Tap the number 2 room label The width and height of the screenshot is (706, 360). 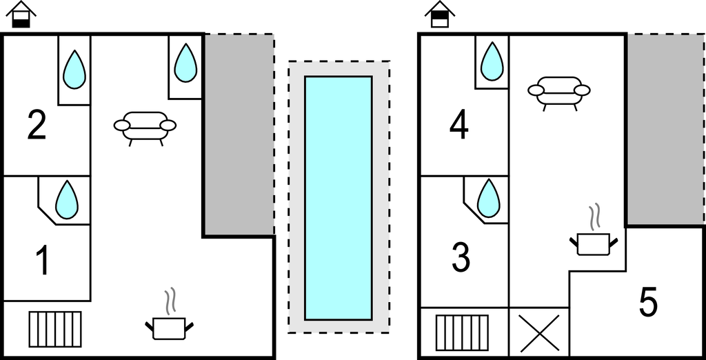pos(37,126)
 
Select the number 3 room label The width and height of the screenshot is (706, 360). pos(461,258)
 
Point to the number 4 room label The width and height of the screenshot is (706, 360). pos(459,126)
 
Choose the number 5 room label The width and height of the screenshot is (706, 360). pos(648,303)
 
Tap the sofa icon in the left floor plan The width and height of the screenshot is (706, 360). pos(145,127)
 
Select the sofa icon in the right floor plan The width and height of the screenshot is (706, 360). pos(559,92)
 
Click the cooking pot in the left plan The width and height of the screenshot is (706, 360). pos(169,324)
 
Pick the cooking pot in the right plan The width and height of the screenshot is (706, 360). pos(593,241)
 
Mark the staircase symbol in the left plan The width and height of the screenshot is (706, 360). pos(55,329)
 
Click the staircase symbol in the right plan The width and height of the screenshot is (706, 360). pos(463,332)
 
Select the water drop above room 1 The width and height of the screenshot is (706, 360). pos(66,200)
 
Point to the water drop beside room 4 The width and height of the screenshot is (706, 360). pos(492,62)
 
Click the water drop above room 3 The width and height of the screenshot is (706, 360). pos(488,199)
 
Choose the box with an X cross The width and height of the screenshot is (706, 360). pos(538,332)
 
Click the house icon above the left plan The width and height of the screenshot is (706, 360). pos(22,14)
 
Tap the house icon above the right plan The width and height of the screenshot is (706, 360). pos(440,14)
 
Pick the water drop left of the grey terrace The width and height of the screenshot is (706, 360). pos(185,63)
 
